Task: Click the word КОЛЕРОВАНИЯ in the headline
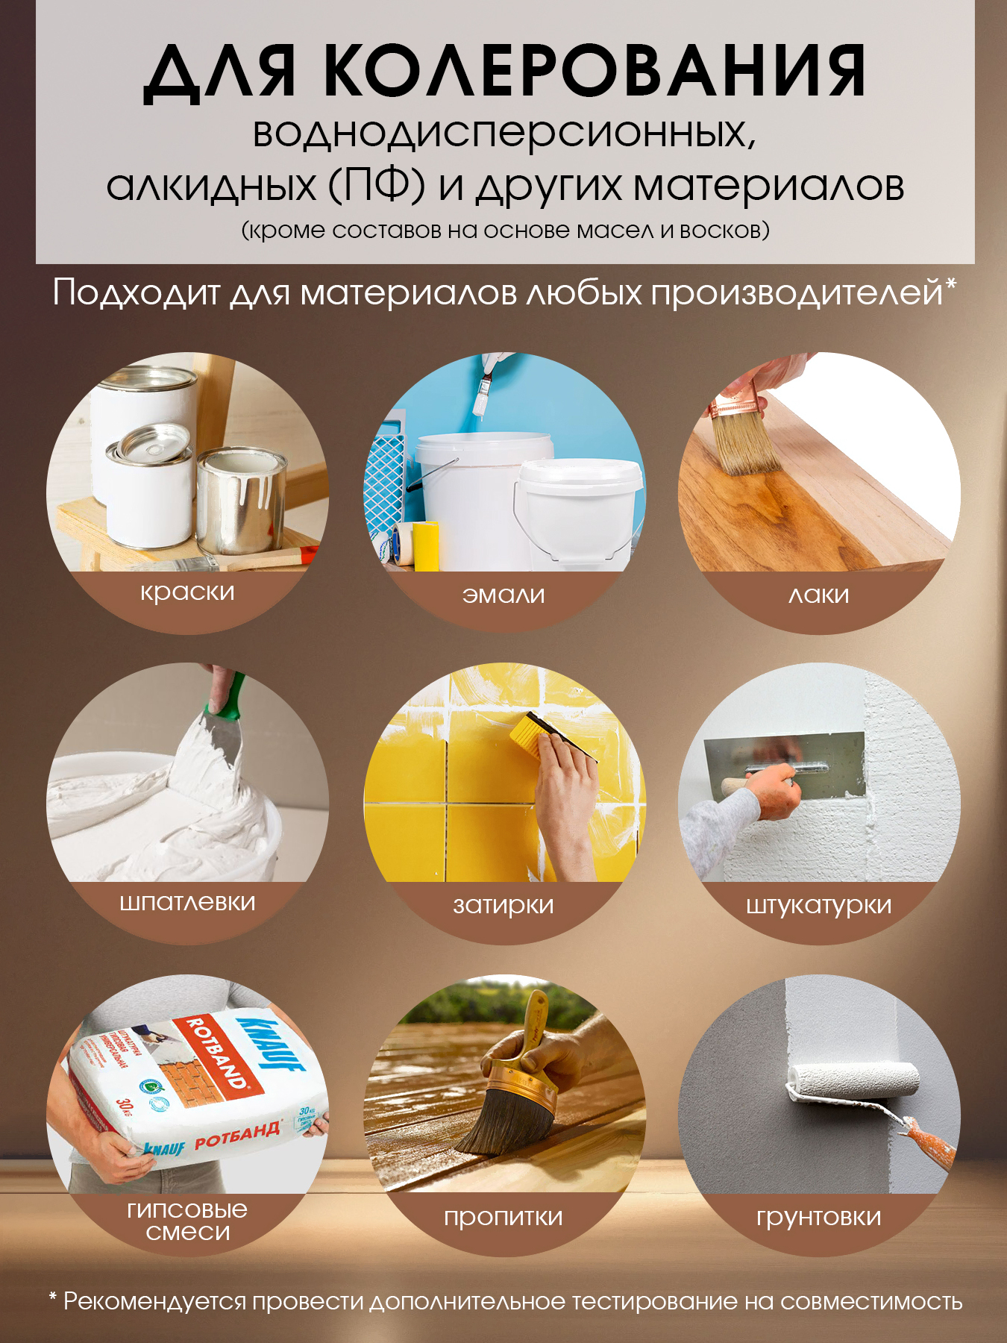click(595, 72)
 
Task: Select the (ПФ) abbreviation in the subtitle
click(377, 186)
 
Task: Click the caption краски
click(187, 592)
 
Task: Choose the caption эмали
click(503, 595)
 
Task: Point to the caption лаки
click(819, 595)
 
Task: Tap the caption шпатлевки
click(187, 903)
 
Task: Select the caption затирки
click(503, 906)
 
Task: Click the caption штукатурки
click(819, 906)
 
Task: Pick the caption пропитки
click(503, 1217)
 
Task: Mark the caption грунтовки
click(819, 1218)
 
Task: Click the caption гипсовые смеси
click(187, 1221)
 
